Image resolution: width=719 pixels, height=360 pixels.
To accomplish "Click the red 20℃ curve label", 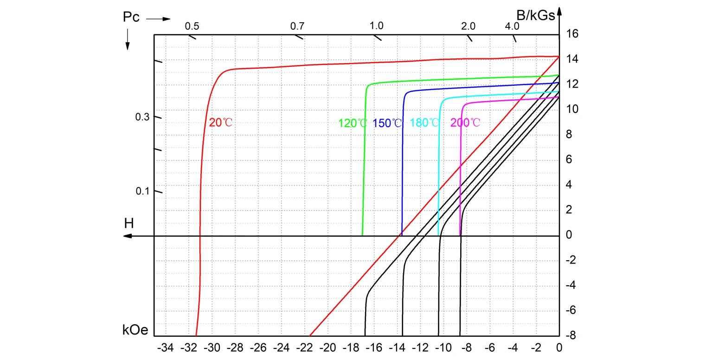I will (x=220, y=123).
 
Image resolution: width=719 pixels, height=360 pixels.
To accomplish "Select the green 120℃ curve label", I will (x=353, y=123).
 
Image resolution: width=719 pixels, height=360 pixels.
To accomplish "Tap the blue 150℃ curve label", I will (x=387, y=123).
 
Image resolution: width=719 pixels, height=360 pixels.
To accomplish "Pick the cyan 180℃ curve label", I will (x=424, y=123).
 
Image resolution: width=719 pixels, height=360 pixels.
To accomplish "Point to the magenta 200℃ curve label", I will (x=465, y=123).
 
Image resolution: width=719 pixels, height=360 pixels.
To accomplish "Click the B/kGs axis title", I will (x=536, y=16).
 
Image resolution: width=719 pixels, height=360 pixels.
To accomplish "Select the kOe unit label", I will (x=135, y=330).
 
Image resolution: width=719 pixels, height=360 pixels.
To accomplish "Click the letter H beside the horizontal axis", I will (x=129, y=224).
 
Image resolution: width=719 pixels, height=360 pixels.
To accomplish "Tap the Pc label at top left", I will (x=131, y=17).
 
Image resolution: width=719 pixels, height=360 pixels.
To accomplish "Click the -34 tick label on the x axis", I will (x=166, y=347).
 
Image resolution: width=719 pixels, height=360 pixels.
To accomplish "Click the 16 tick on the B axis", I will (x=571, y=34).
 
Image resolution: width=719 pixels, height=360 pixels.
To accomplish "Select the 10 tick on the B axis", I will (x=571, y=109).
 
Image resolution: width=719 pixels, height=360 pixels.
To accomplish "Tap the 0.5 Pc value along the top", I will (x=192, y=26).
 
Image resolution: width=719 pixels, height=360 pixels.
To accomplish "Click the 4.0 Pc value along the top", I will (x=512, y=26).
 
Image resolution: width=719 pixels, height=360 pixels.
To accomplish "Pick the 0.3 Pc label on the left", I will (x=142, y=117).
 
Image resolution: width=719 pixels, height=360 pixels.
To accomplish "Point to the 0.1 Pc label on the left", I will (x=142, y=191).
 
